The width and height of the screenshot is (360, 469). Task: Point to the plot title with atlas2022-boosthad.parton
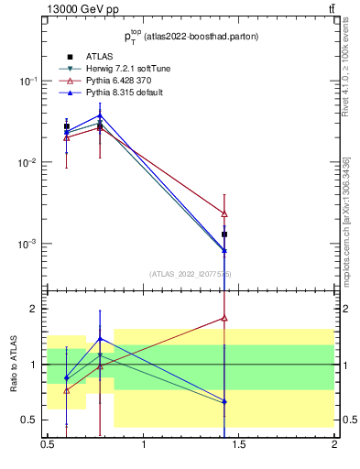[x=191, y=37]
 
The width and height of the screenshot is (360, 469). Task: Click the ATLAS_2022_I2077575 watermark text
[x=191, y=273]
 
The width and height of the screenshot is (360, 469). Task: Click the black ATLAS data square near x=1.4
[x=224, y=234]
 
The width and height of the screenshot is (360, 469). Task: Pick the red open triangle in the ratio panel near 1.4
[x=224, y=319]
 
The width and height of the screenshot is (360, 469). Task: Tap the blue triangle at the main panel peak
[x=100, y=115]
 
